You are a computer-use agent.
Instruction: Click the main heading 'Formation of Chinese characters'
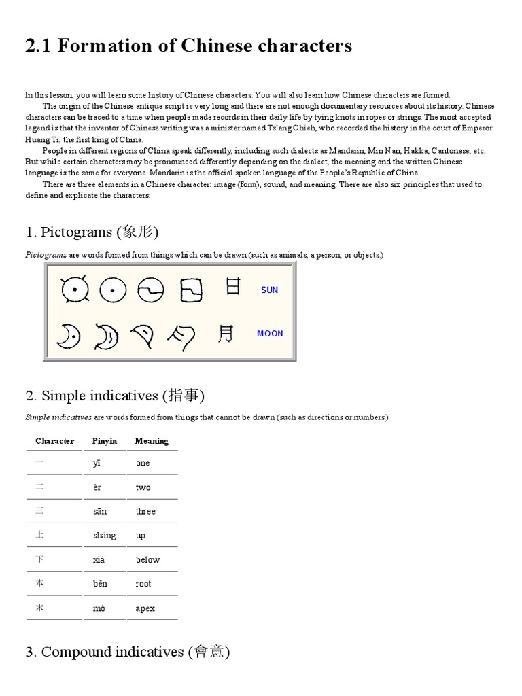(x=188, y=46)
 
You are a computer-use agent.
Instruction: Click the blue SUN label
(x=269, y=290)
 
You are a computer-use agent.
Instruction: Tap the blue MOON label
(x=270, y=333)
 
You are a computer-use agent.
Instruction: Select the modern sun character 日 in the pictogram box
(x=232, y=287)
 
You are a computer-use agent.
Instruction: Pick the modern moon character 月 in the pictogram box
(x=226, y=333)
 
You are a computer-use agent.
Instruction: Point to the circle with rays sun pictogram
(x=71, y=290)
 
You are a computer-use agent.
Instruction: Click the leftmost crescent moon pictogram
(x=67, y=334)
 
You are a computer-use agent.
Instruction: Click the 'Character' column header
(x=54, y=441)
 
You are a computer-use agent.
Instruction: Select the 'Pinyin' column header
(x=105, y=441)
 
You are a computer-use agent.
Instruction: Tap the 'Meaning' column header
(x=152, y=441)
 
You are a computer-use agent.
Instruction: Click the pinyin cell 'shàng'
(x=105, y=536)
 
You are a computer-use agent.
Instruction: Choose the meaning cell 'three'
(x=145, y=511)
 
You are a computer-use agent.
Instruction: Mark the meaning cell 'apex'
(x=145, y=608)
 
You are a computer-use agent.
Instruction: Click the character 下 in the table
(x=39, y=559)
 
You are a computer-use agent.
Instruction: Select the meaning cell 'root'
(x=143, y=584)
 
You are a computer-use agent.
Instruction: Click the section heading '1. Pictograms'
(x=92, y=232)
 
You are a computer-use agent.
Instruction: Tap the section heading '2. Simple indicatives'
(x=115, y=396)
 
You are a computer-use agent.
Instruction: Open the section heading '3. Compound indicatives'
(x=128, y=652)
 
